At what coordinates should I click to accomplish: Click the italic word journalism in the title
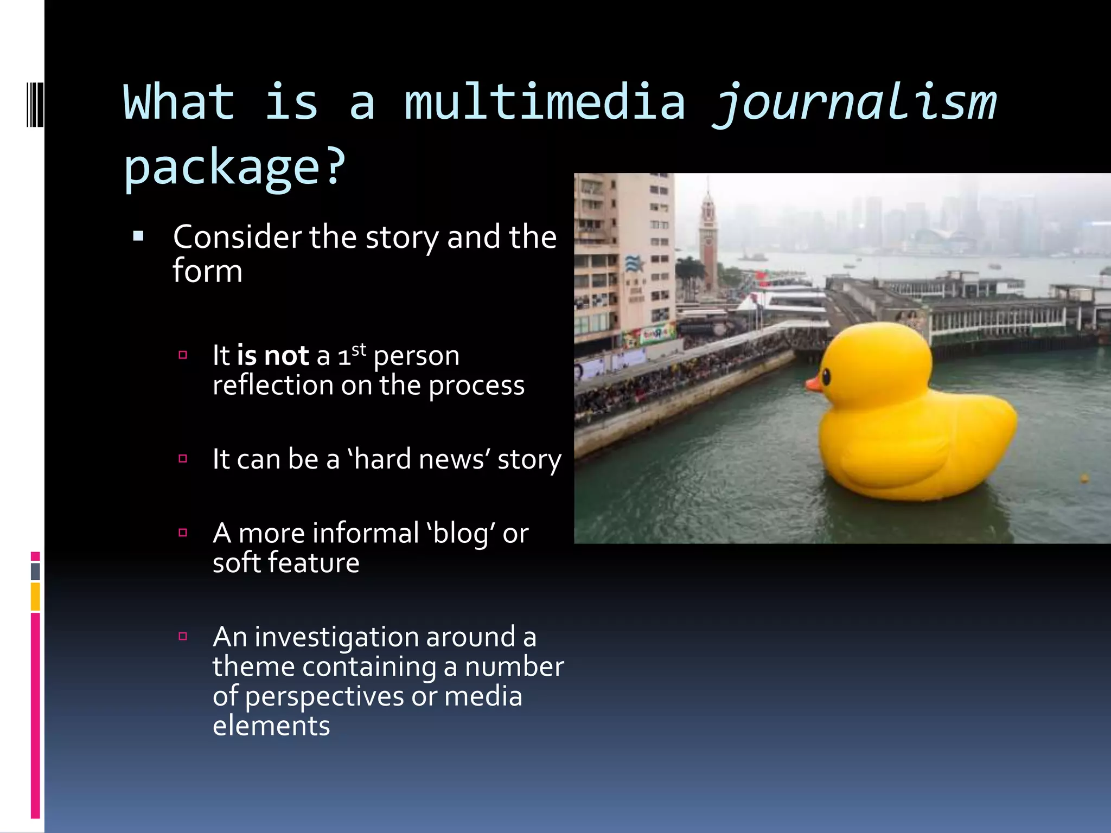[854, 103]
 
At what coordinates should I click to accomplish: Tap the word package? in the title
[234, 166]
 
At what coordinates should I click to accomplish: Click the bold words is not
[272, 356]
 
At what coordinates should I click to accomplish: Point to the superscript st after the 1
[359, 350]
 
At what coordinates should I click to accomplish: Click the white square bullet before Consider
[138, 236]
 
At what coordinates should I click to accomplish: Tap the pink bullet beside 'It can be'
[183, 459]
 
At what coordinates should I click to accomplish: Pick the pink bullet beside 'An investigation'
[183, 636]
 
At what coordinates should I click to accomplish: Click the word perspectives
[324, 697]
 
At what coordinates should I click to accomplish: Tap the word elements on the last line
[271, 726]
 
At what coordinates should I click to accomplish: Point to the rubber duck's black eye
[826, 376]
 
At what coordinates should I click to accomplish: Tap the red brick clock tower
[708, 239]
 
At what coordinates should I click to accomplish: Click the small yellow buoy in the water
[1084, 478]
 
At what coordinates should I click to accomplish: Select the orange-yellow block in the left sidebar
[35, 596]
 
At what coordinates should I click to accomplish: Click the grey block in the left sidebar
[35, 572]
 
